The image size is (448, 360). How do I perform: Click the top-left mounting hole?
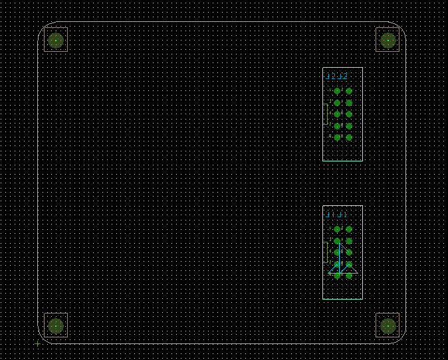pos(56,41)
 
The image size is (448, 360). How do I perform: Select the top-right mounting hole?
pos(388,41)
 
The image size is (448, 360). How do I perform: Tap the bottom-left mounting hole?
pos(56,325)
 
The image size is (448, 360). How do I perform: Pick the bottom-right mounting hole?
pos(388,325)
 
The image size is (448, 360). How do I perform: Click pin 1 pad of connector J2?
pos(337,91)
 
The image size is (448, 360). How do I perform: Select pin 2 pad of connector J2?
pos(349,91)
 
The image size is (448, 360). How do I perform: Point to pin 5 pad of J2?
pos(337,114)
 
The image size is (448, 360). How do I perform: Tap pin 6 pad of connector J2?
pos(349,114)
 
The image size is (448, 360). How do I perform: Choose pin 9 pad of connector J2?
pos(337,137)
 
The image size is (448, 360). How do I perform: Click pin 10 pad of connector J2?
pos(349,137)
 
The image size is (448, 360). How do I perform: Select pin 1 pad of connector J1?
pos(337,229)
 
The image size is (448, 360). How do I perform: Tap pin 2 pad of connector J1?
pos(349,229)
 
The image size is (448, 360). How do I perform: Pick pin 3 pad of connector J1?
pos(337,240)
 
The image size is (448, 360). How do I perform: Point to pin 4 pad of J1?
pos(349,240)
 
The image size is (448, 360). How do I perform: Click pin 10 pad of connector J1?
pos(349,276)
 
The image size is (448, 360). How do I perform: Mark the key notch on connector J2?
pos(325,114)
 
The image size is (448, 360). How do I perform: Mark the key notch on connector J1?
pos(325,252)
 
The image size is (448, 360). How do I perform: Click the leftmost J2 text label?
pos(330,76)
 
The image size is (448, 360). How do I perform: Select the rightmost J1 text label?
pos(342,215)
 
